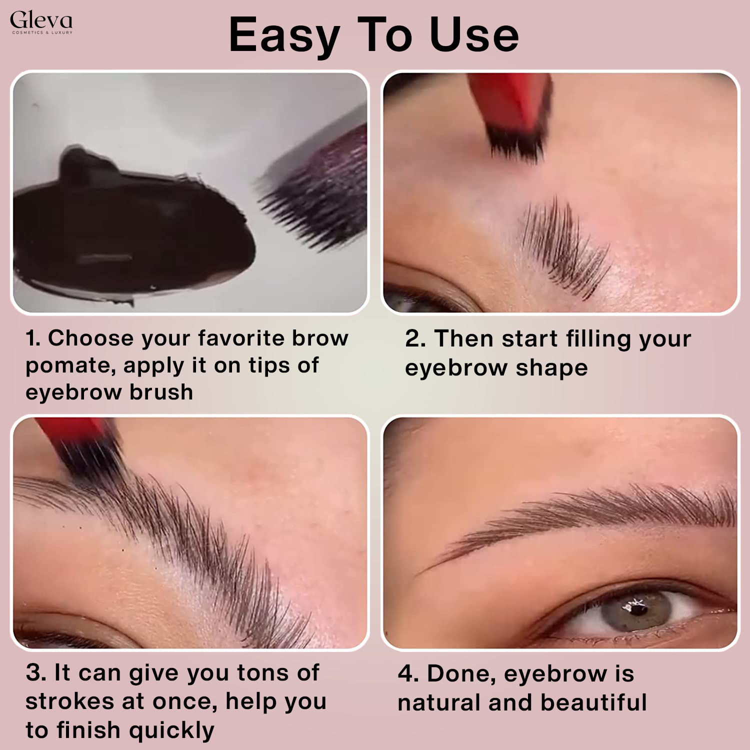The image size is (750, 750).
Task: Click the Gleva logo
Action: (41, 22)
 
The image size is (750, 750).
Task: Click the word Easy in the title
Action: (283, 35)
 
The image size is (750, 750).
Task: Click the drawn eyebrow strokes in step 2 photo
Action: (565, 240)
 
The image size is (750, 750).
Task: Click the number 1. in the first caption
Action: (33, 338)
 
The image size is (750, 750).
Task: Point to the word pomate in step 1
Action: (70, 366)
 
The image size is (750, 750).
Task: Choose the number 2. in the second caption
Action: (415, 338)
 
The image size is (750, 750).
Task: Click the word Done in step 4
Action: (460, 674)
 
